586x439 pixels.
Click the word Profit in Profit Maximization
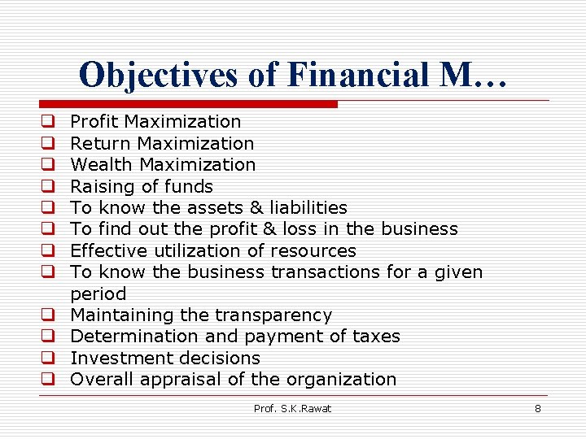coord(94,122)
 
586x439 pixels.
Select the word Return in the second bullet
coord(101,144)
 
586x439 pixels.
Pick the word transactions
coord(331,272)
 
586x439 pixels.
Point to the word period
coord(98,294)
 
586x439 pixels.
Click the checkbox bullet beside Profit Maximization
coord(48,122)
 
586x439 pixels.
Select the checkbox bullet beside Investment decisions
coord(48,358)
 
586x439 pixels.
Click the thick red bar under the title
coord(187,104)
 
